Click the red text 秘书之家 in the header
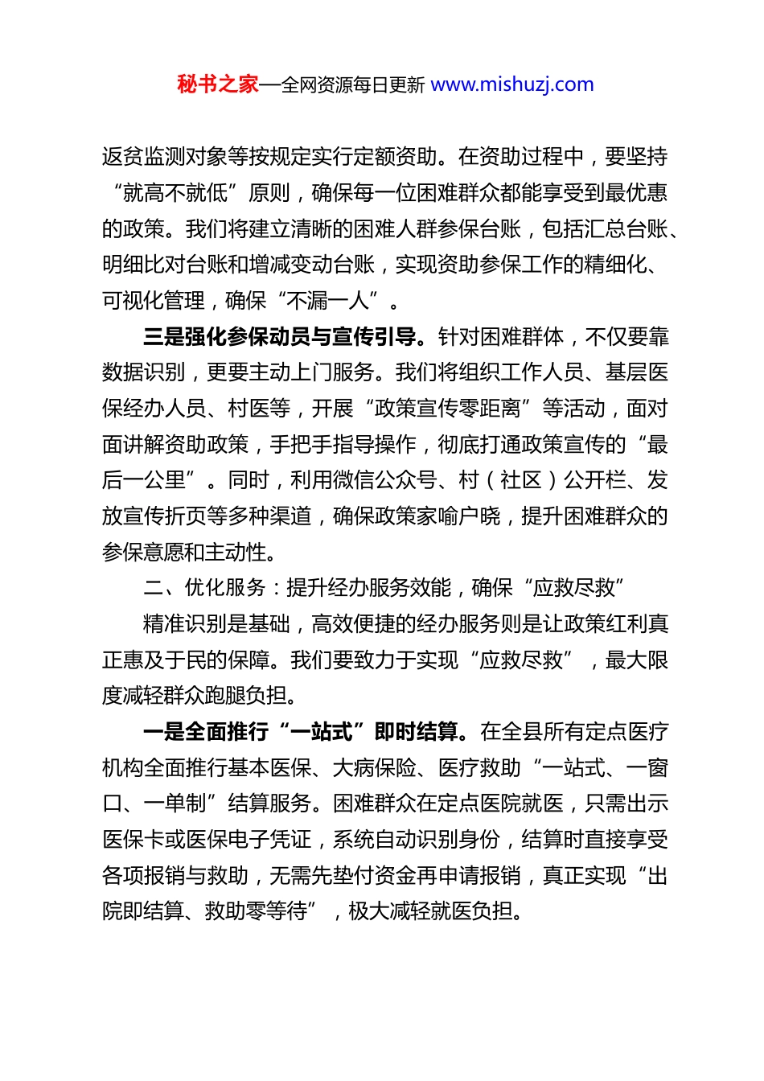point(217,84)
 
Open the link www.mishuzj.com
point(512,84)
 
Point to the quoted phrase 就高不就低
point(175,193)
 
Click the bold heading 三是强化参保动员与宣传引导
point(279,337)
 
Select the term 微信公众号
point(385,481)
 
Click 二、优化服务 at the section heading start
point(204,588)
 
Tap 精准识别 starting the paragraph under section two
point(184,624)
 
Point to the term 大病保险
point(374,768)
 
